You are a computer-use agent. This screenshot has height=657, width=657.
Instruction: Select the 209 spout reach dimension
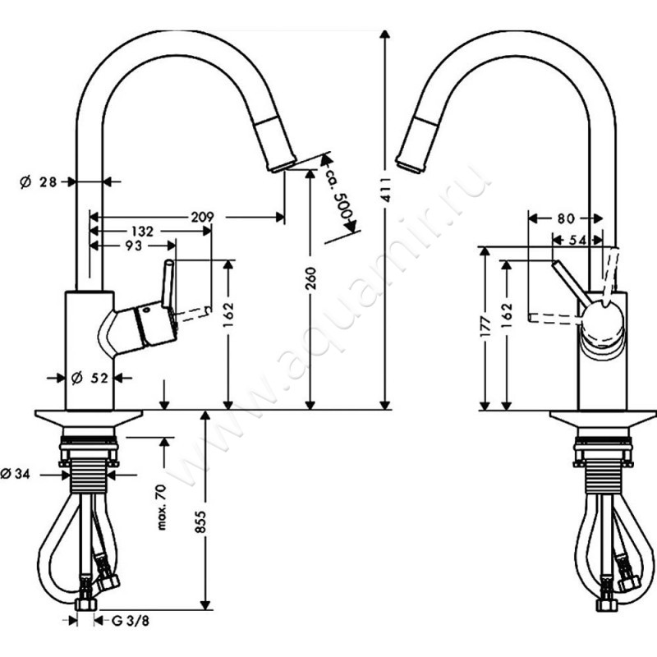(x=202, y=217)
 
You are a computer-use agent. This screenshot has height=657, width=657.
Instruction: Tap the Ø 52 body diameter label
(x=90, y=378)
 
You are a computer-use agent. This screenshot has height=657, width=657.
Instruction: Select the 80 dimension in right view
(x=564, y=218)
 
